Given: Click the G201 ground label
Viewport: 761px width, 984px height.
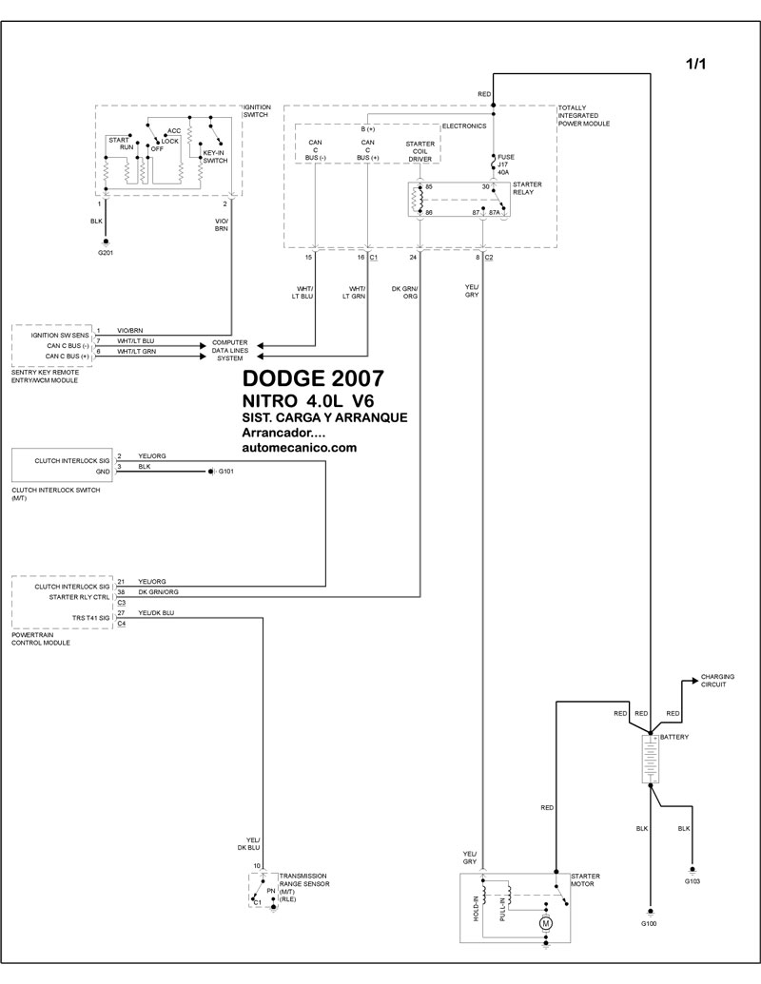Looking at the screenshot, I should coord(105,254).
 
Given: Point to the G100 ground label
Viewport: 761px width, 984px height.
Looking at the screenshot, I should coord(649,923).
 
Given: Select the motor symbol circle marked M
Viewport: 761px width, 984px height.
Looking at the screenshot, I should coord(545,922).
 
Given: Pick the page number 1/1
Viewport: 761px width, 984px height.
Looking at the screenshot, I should coord(698,64).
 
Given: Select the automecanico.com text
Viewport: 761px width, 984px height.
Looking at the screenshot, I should coord(300,446).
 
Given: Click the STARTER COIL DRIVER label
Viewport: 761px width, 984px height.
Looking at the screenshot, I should coord(420,153).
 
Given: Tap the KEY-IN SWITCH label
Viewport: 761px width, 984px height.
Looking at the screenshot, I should coord(215,156).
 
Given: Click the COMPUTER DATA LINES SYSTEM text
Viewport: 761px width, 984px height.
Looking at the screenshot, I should coord(229,350).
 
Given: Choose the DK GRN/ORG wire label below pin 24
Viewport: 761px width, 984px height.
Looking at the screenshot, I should coord(405,291).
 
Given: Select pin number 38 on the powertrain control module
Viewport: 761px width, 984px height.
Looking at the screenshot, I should coord(121,591).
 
